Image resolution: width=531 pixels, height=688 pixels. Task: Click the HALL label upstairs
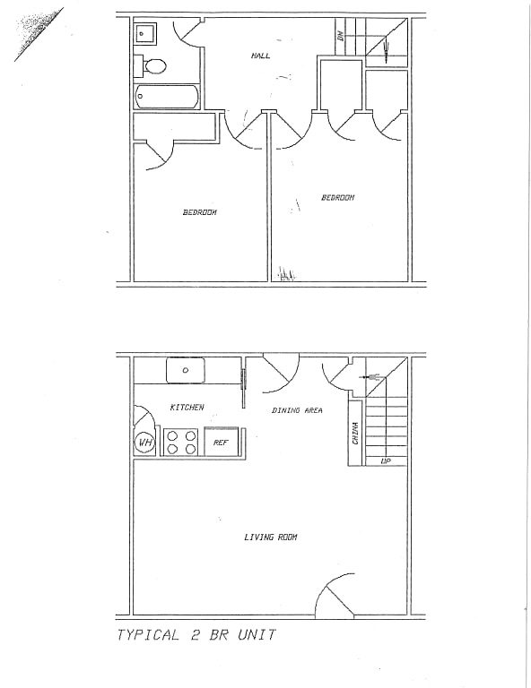[x=261, y=56]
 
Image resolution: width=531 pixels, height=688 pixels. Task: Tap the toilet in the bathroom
[x=154, y=65]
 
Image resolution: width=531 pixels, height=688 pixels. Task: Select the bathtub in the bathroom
[x=167, y=96]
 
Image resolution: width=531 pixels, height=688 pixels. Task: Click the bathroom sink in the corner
[x=145, y=35]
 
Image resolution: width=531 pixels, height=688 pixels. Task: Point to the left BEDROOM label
[x=199, y=212]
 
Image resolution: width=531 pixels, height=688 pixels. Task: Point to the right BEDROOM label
[x=338, y=197]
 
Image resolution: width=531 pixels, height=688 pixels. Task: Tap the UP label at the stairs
[x=386, y=461]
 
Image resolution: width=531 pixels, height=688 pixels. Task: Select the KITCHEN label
[x=187, y=408]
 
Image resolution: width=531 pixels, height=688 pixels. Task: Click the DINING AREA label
[x=297, y=410]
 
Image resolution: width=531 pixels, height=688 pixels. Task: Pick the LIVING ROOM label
[x=270, y=537]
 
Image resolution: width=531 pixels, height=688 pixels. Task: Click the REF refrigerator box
[x=221, y=443]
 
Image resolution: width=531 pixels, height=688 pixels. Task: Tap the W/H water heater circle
[x=144, y=443]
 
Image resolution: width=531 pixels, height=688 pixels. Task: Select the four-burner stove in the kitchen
[x=182, y=443]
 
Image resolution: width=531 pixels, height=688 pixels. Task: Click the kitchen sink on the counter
[x=186, y=370]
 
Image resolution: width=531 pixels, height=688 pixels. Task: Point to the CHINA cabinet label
[x=356, y=434]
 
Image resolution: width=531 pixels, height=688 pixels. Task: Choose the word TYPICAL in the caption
[x=149, y=635]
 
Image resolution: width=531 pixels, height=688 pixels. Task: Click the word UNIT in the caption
[x=255, y=635]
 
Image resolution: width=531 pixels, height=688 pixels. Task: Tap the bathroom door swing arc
[x=187, y=30]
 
